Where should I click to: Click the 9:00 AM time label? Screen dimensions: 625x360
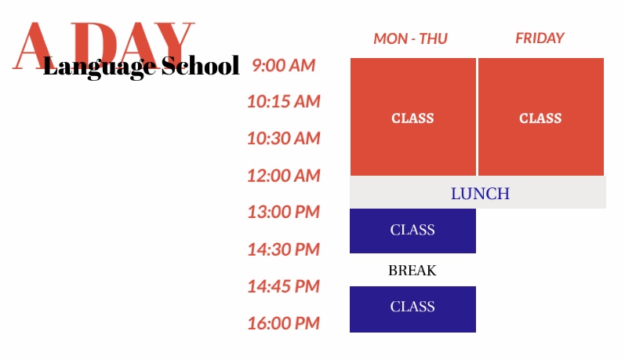[283, 65]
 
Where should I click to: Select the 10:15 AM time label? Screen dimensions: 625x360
[283, 102]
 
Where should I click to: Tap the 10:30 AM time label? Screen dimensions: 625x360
[283, 138]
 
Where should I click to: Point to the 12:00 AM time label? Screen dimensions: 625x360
[283, 176]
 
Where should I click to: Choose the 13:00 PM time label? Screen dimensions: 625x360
[283, 212]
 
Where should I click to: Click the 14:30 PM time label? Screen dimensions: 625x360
[283, 249]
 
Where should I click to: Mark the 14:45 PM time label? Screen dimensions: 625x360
[283, 286]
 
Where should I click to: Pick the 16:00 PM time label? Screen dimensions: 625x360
[283, 323]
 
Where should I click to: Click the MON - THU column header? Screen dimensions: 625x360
[411, 38]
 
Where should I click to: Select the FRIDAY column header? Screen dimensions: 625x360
[540, 38]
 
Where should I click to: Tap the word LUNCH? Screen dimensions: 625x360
[480, 194]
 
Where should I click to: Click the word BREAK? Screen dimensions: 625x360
[412, 271]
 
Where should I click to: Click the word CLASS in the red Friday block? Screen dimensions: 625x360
[540, 118]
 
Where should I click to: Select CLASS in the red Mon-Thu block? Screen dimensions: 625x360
[412, 118]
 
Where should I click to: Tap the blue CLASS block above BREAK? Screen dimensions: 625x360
[413, 231]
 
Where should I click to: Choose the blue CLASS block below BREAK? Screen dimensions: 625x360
[413, 309]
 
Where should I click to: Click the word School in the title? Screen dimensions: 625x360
[201, 66]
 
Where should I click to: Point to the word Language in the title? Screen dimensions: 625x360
[100, 67]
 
